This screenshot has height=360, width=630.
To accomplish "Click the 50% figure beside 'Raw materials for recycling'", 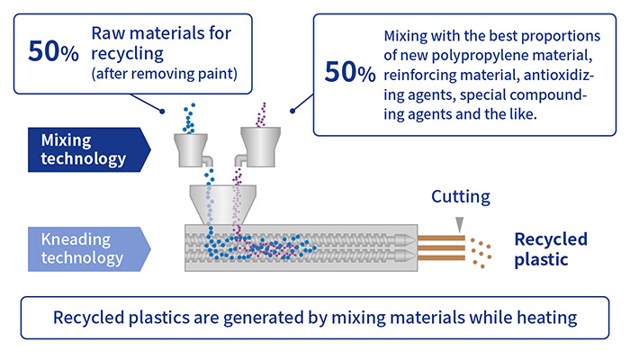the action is click(53, 52).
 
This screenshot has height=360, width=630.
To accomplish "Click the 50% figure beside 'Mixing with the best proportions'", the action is click(350, 72).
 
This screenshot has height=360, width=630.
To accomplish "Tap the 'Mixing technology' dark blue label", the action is click(89, 149).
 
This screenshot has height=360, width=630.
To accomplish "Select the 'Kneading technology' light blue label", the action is click(89, 249).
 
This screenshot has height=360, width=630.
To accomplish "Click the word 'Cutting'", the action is click(461, 196).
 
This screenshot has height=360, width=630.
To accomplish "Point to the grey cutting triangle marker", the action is click(460, 224).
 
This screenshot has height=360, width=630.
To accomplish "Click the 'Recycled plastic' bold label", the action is click(551, 249).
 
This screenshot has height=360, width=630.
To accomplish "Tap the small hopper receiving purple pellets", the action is click(259, 147).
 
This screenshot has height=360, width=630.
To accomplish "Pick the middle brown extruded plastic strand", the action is click(441, 247).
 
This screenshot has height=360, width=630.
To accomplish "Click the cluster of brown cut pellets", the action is click(481, 253).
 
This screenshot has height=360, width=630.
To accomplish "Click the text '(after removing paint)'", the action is click(165, 74).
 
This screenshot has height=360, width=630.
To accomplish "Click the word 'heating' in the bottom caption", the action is click(547, 318).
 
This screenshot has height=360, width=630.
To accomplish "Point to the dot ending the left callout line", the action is click(162, 112).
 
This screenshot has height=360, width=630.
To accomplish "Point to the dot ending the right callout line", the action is click(292, 111).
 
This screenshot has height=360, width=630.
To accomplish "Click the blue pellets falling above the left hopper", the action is click(189, 118).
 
